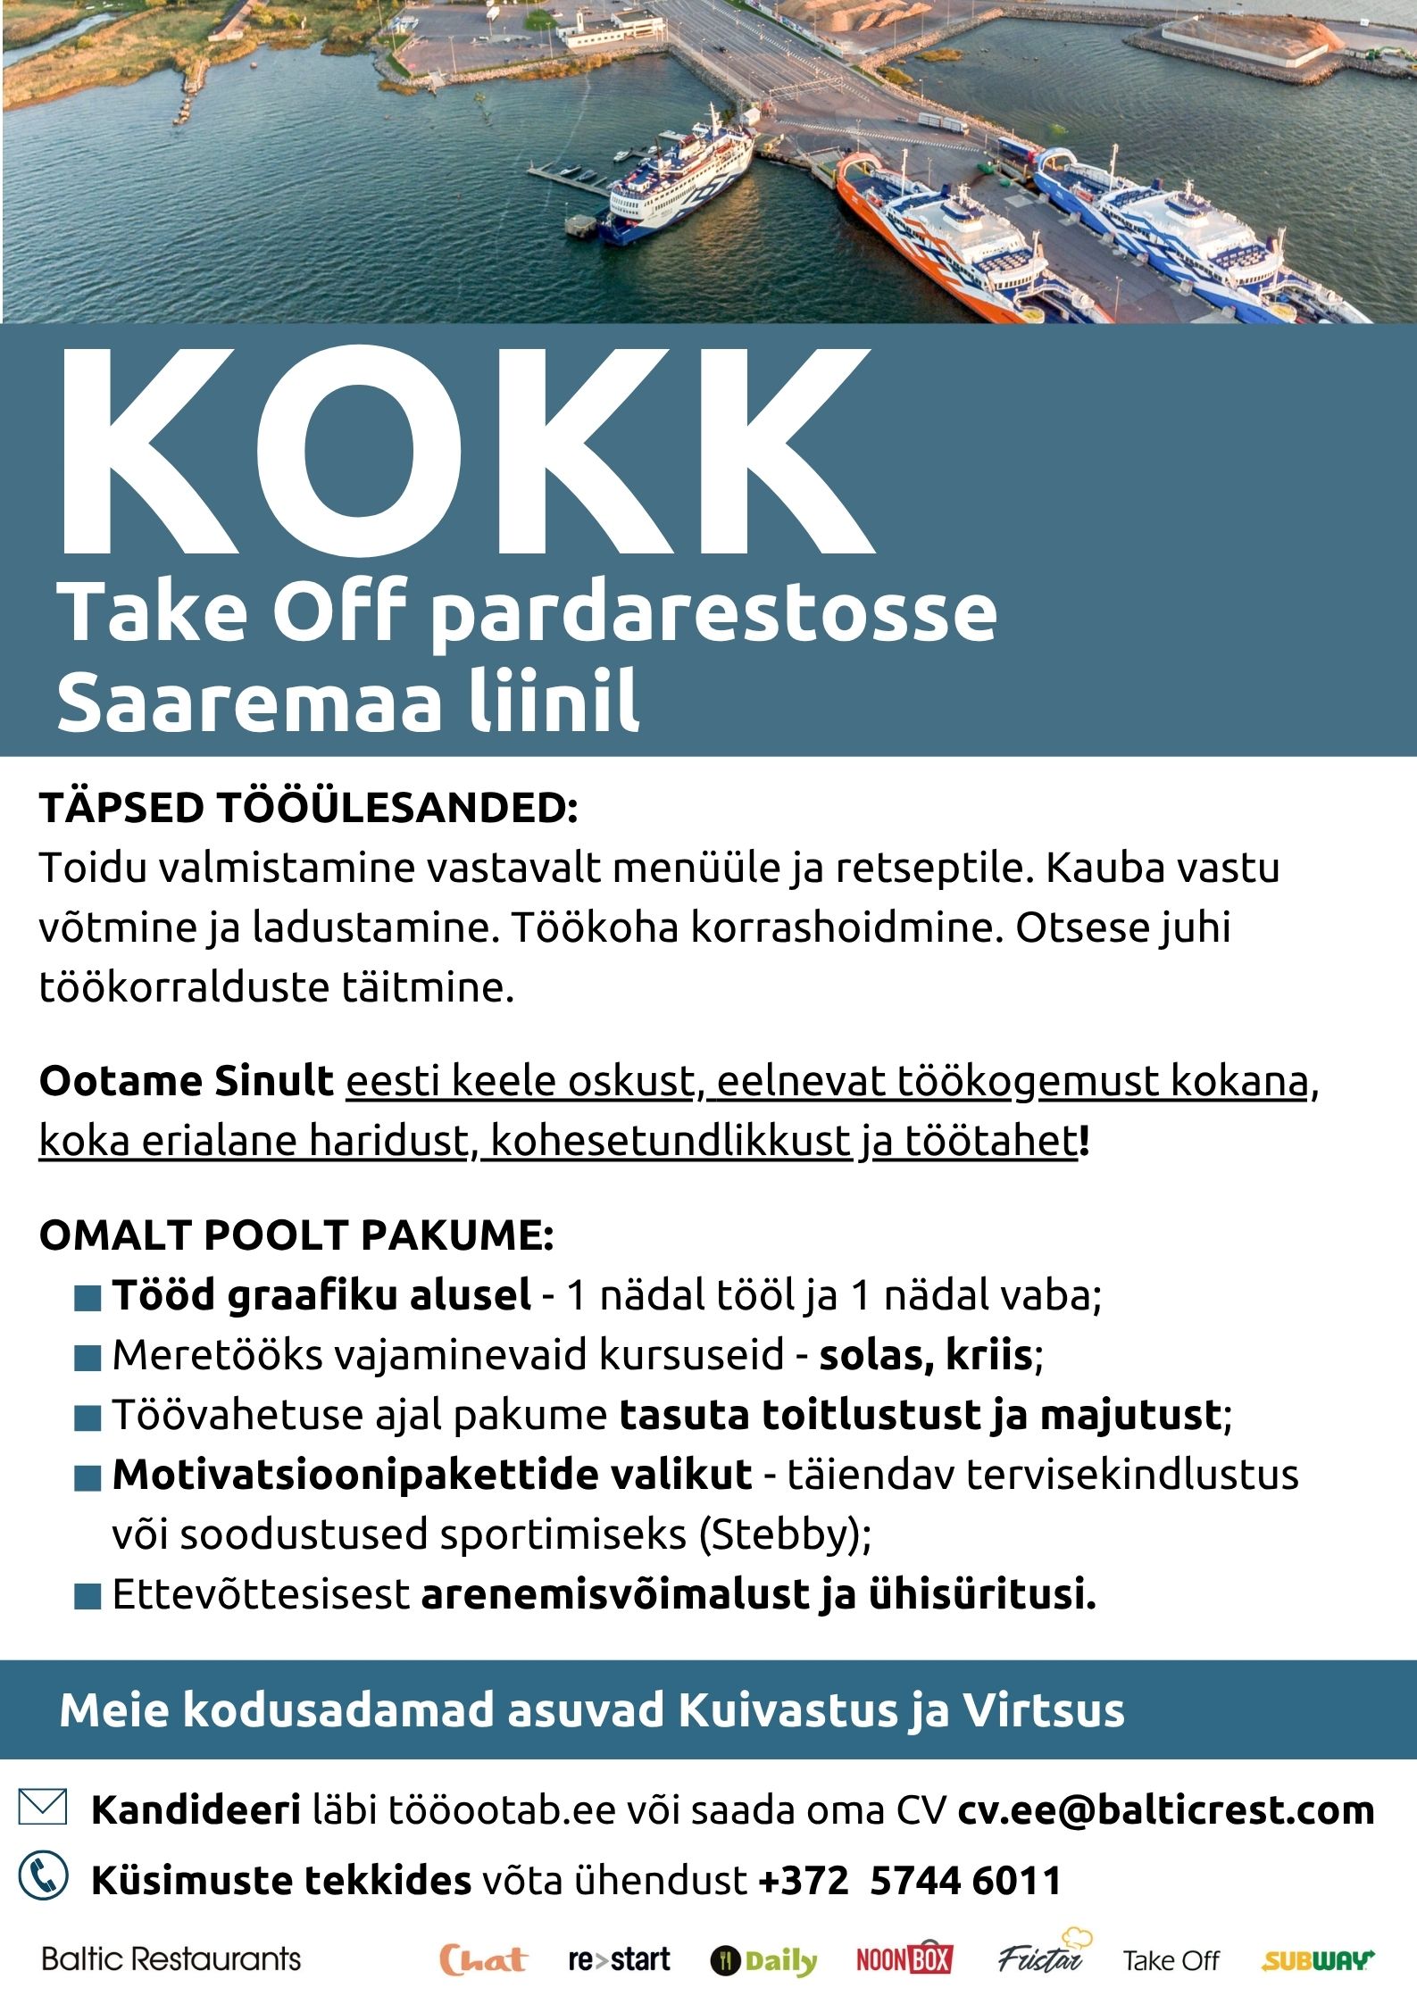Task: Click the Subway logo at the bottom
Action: (x=1318, y=1961)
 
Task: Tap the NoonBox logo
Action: (x=904, y=1959)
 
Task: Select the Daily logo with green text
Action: (x=764, y=1961)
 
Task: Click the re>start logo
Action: (x=619, y=1959)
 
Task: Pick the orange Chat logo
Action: (x=483, y=1959)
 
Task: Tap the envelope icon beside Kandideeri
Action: (x=43, y=1808)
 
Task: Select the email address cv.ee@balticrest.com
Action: (x=1165, y=1810)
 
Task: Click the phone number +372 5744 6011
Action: (x=909, y=1880)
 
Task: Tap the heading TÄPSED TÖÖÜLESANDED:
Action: (x=309, y=808)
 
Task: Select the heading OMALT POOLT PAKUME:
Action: (x=296, y=1235)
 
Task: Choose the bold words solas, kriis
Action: (x=926, y=1355)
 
